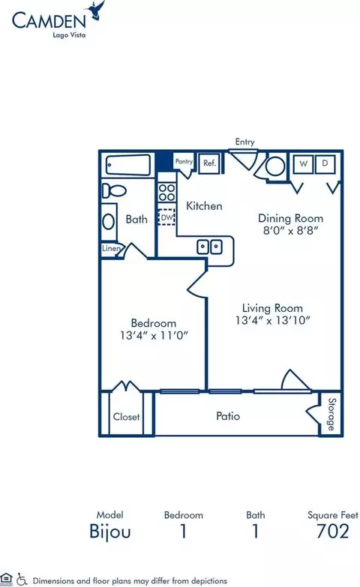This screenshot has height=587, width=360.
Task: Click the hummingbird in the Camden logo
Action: tap(95, 10)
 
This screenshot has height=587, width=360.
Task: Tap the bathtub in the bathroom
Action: tap(127, 165)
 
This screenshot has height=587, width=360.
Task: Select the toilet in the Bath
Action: tap(114, 190)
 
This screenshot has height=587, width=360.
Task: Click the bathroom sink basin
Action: tap(108, 222)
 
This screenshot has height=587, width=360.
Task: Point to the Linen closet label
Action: tap(111, 248)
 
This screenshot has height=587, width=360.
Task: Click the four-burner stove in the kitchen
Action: tap(166, 193)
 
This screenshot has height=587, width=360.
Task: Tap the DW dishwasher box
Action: tap(166, 217)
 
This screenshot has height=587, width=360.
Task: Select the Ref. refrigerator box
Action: tap(209, 163)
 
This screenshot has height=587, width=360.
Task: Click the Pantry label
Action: tap(184, 161)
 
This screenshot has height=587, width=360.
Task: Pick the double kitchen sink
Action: tap(209, 247)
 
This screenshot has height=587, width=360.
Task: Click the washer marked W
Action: tap(304, 163)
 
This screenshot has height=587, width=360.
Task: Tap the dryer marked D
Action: tap(325, 163)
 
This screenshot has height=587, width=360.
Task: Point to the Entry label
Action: tap(244, 142)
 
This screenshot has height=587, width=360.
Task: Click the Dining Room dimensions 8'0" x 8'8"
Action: tap(291, 230)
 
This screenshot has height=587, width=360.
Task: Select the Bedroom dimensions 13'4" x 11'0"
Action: tap(154, 335)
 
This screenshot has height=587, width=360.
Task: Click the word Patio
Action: tap(228, 416)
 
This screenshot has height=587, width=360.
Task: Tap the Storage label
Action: tap(331, 414)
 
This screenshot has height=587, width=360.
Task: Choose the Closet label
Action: tap(126, 417)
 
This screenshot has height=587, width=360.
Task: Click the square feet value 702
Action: tap(333, 532)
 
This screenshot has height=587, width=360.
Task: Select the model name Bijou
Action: tap(109, 532)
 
